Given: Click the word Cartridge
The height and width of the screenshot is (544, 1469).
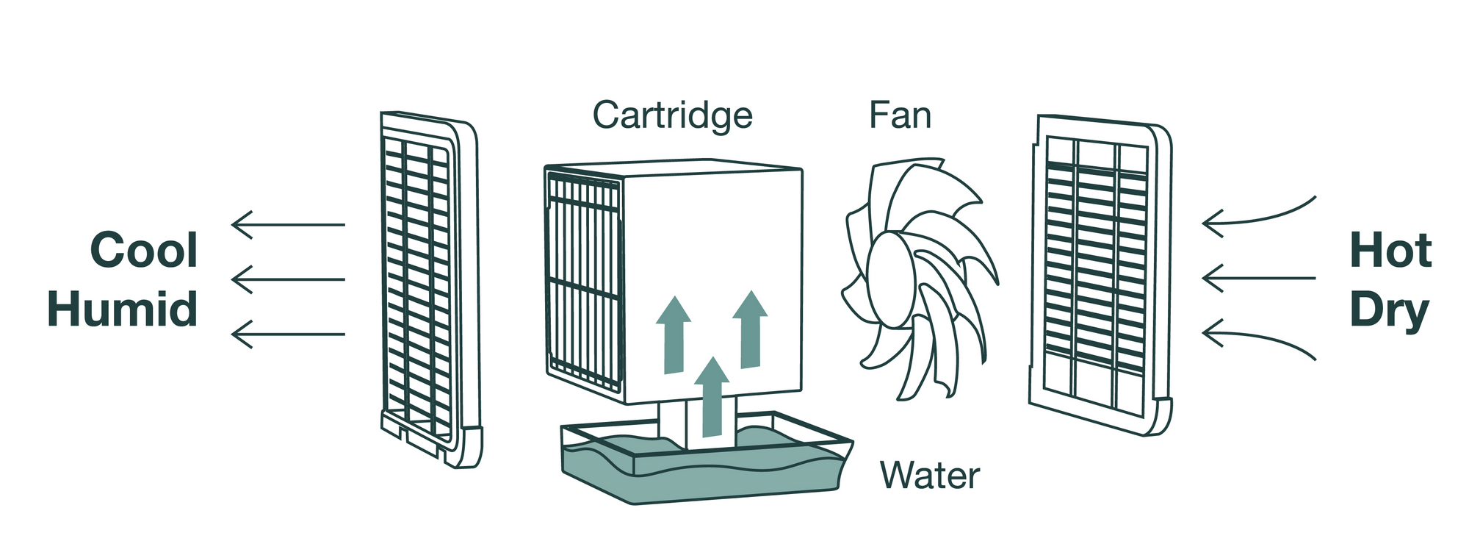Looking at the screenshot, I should (x=672, y=115).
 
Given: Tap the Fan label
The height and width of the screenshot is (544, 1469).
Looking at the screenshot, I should (x=900, y=115).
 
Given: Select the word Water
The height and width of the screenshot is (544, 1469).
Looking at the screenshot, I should (x=929, y=476).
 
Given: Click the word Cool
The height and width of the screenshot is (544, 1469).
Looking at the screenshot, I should (x=144, y=251).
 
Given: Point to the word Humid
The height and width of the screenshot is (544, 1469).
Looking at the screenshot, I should (x=123, y=309).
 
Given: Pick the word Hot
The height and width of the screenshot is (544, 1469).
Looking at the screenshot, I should (x=1390, y=251).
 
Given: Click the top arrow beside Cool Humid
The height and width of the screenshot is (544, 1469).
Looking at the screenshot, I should (x=288, y=224).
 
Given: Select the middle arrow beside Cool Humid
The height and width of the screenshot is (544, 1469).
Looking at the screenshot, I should (x=288, y=279).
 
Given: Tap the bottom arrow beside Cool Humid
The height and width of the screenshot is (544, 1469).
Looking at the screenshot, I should (x=288, y=334).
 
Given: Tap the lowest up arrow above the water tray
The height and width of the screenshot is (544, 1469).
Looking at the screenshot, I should (x=711, y=397).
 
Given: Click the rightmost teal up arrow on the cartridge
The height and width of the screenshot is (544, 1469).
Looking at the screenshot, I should (x=750, y=329).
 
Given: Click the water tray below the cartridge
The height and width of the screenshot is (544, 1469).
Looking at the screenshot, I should (x=705, y=470).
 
